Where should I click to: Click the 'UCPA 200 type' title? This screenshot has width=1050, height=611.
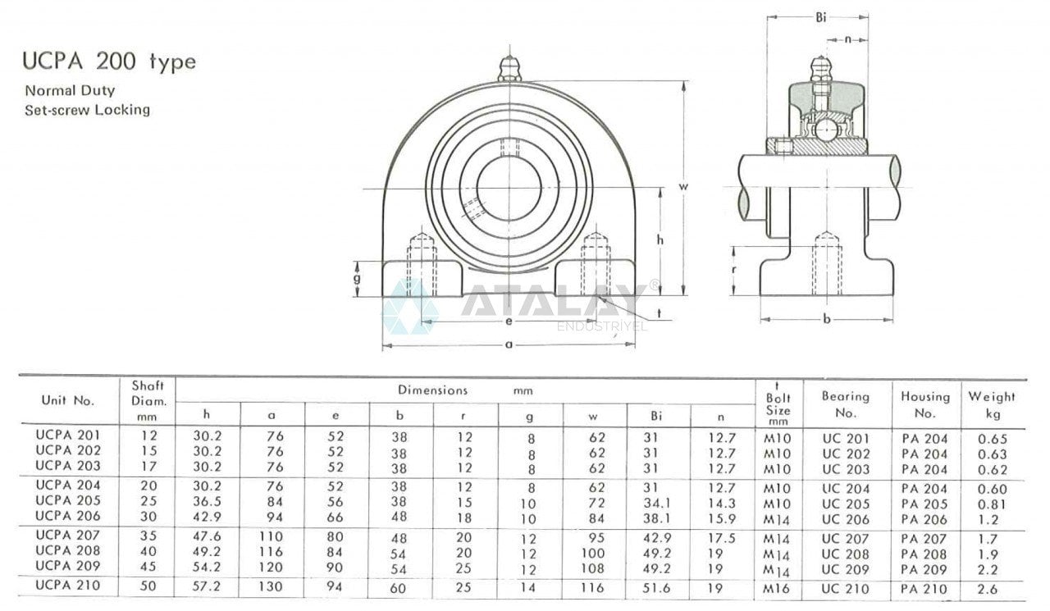coord(110,63)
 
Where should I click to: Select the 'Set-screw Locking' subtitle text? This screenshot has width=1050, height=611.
coord(87,109)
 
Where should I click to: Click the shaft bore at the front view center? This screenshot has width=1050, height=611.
coord(509,189)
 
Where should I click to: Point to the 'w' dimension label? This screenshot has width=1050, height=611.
coord(683,186)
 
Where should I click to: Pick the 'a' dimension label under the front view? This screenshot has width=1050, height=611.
coord(509,345)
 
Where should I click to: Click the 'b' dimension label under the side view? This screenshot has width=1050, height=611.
coord(826,319)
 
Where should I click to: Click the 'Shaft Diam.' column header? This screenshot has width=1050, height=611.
coord(148,400)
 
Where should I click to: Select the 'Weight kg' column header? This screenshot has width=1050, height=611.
coord(992,404)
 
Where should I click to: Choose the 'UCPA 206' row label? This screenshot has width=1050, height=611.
coord(68,516)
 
